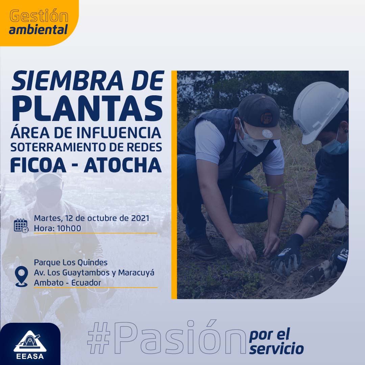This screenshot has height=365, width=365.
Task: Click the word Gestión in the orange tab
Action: click(39, 16)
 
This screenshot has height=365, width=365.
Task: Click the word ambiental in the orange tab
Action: click(38, 29)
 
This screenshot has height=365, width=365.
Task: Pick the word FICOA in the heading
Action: click(38, 165)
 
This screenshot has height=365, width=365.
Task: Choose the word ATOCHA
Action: click(123, 165)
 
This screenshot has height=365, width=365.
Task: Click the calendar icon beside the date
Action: click(21, 226)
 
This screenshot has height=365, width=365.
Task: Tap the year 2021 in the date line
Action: click(140, 218)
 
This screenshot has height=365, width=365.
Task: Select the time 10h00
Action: click(69, 228)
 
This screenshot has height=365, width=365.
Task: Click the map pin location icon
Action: click(21, 276)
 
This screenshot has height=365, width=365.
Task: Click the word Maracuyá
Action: click(136, 273)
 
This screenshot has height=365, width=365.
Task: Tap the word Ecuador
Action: click(86, 283)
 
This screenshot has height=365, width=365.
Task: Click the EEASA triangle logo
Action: click(30, 341)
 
